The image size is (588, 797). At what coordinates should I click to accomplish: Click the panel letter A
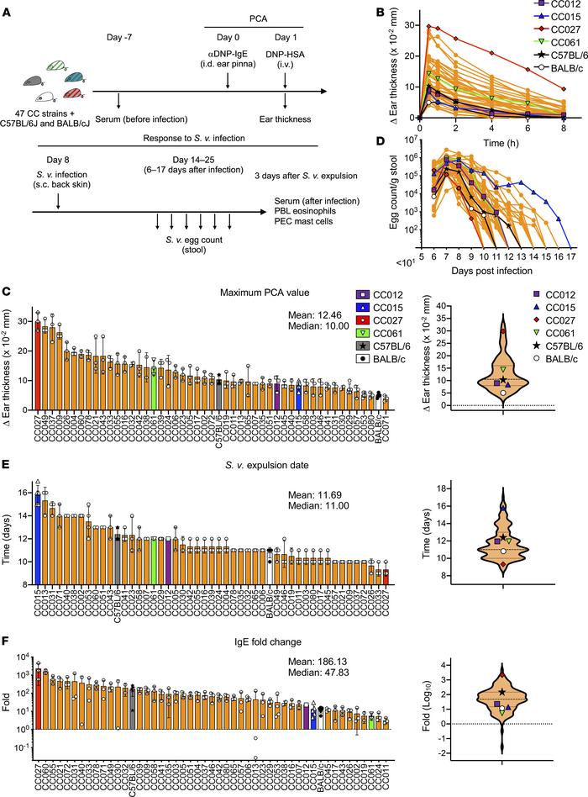tap(7, 8)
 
